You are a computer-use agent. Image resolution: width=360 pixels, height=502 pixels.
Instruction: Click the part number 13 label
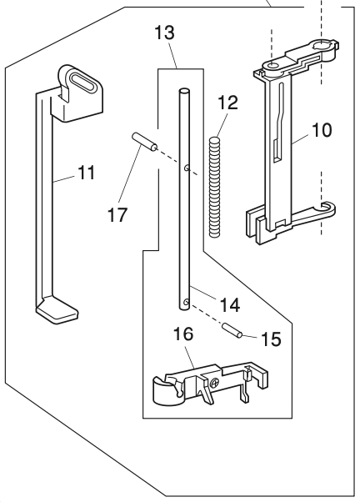[x=165, y=33]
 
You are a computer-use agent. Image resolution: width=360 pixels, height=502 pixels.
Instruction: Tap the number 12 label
[x=227, y=103]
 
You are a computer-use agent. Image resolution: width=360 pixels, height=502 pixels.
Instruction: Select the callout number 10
[x=322, y=130]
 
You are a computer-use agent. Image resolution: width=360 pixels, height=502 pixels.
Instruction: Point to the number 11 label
[x=87, y=173]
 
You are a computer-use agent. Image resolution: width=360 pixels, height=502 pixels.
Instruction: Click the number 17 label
[x=117, y=214]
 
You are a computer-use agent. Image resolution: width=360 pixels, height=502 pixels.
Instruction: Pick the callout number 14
[x=230, y=304]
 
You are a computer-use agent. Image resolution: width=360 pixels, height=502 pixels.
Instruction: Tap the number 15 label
[x=271, y=339]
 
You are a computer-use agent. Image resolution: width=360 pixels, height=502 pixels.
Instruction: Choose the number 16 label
[x=183, y=334]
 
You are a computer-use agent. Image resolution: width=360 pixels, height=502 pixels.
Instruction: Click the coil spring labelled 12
[x=215, y=188]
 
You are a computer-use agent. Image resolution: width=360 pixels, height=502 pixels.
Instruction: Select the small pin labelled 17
[x=144, y=142]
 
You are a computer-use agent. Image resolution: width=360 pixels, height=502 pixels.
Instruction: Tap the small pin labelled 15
[x=232, y=330]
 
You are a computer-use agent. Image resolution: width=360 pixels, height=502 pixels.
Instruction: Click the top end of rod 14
[x=184, y=92]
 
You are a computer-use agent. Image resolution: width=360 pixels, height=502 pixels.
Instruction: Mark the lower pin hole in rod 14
[x=186, y=302]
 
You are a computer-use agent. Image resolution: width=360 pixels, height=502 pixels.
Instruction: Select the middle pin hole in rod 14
[x=187, y=168]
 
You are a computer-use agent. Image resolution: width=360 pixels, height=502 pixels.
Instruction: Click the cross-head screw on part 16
[x=214, y=382]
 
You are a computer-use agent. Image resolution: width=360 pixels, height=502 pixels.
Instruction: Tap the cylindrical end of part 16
[x=165, y=390]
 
